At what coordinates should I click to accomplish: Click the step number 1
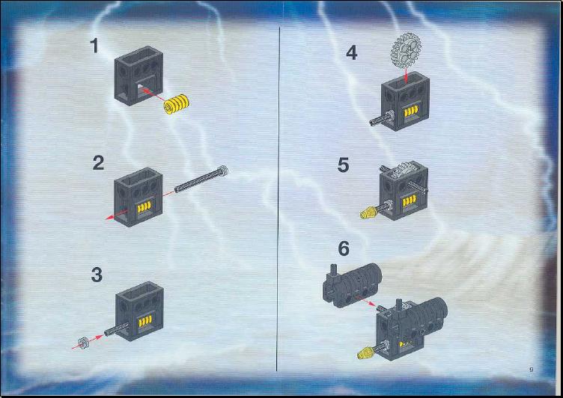pos(94,46)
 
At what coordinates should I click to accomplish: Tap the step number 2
pos(98,162)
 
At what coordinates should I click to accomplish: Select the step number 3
pos(97,275)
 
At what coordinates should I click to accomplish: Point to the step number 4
pos(352,53)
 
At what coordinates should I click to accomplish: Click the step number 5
pos(343,165)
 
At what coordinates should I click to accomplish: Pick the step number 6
pos(344,248)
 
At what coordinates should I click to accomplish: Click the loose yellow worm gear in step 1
pos(176,104)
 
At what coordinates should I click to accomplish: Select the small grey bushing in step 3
pos(84,343)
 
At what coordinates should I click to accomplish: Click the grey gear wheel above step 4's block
pos(406,50)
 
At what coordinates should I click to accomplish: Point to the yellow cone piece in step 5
pos(367,213)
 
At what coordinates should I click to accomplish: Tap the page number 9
pos(532,370)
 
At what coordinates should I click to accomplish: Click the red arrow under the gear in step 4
pos(406,74)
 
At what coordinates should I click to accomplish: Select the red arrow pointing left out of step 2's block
pos(116,214)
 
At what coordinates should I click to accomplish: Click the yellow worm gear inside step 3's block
pos(145,321)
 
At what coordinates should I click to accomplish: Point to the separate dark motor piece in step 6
pos(351,285)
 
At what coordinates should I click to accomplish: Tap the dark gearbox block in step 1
pos(139,76)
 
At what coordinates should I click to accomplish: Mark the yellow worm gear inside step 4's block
pos(411,111)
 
